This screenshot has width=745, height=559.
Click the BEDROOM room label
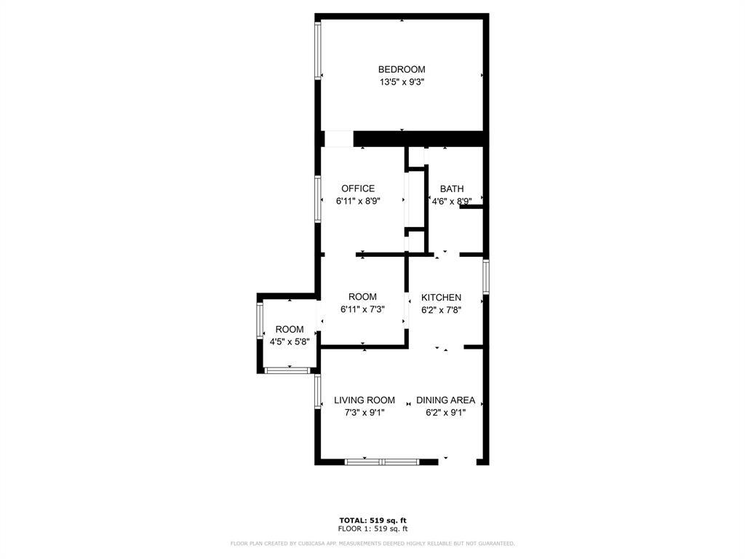(x=402, y=69)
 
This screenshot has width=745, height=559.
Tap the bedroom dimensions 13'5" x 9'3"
(x=402, y=82)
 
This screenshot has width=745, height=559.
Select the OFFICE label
(x=358, y=189)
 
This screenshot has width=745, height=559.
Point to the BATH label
(x=451, y=189)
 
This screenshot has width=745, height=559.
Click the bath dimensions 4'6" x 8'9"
(x=451, y=201)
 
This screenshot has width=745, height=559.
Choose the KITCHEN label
(x=441, y=298)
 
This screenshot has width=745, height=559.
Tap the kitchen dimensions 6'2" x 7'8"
(x=441, y=310)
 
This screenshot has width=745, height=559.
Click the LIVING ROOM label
(x=364, y=400)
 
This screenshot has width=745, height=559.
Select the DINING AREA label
(x=446, y=400)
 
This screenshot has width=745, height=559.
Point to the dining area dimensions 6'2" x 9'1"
(x=446, y=413)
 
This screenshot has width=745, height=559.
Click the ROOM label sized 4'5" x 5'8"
(x=290, y=330)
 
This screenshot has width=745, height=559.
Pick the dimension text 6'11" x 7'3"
(x=362, y=309)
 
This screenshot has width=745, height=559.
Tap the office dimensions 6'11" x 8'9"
(x=358, y=201)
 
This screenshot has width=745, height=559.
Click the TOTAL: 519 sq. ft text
(x=373, y=520)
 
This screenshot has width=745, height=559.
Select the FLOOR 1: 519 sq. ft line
(x=373, y=528)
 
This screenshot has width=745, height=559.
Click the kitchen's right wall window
(x=486, y=276)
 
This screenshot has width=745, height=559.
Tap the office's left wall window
(x=318, y=199)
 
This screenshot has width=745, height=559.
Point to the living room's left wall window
(x=318, y=391)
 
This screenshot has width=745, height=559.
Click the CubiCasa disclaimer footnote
(x=372, y=543)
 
